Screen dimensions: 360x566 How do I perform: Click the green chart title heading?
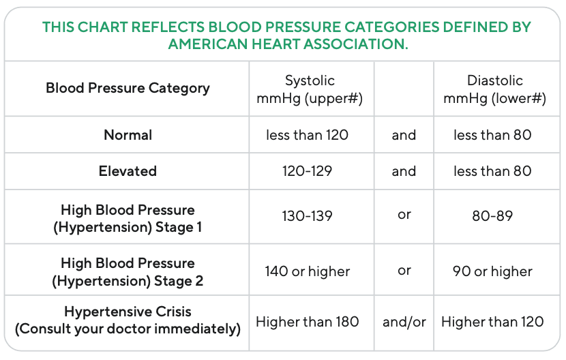(286, 35)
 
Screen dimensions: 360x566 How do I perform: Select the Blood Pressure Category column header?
(128, 88)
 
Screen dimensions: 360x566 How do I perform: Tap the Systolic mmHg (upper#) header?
(310, 89)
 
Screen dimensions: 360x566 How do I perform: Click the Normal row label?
(128, 135)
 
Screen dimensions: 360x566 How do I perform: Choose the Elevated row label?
(128, 170)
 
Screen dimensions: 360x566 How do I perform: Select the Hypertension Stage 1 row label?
(128, 218)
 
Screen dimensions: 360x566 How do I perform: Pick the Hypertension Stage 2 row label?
(128, 271)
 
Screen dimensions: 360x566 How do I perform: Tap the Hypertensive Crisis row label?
(128, 320)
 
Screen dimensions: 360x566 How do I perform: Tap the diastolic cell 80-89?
(492, 216)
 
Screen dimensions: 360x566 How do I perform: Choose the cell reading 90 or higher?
(492, 271)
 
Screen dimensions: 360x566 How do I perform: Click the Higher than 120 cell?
(492, 321)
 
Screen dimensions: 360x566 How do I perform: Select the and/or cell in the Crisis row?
(404, 321)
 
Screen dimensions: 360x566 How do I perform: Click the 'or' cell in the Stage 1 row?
(404, 215)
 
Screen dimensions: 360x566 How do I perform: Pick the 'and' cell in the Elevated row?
(404, 170)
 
